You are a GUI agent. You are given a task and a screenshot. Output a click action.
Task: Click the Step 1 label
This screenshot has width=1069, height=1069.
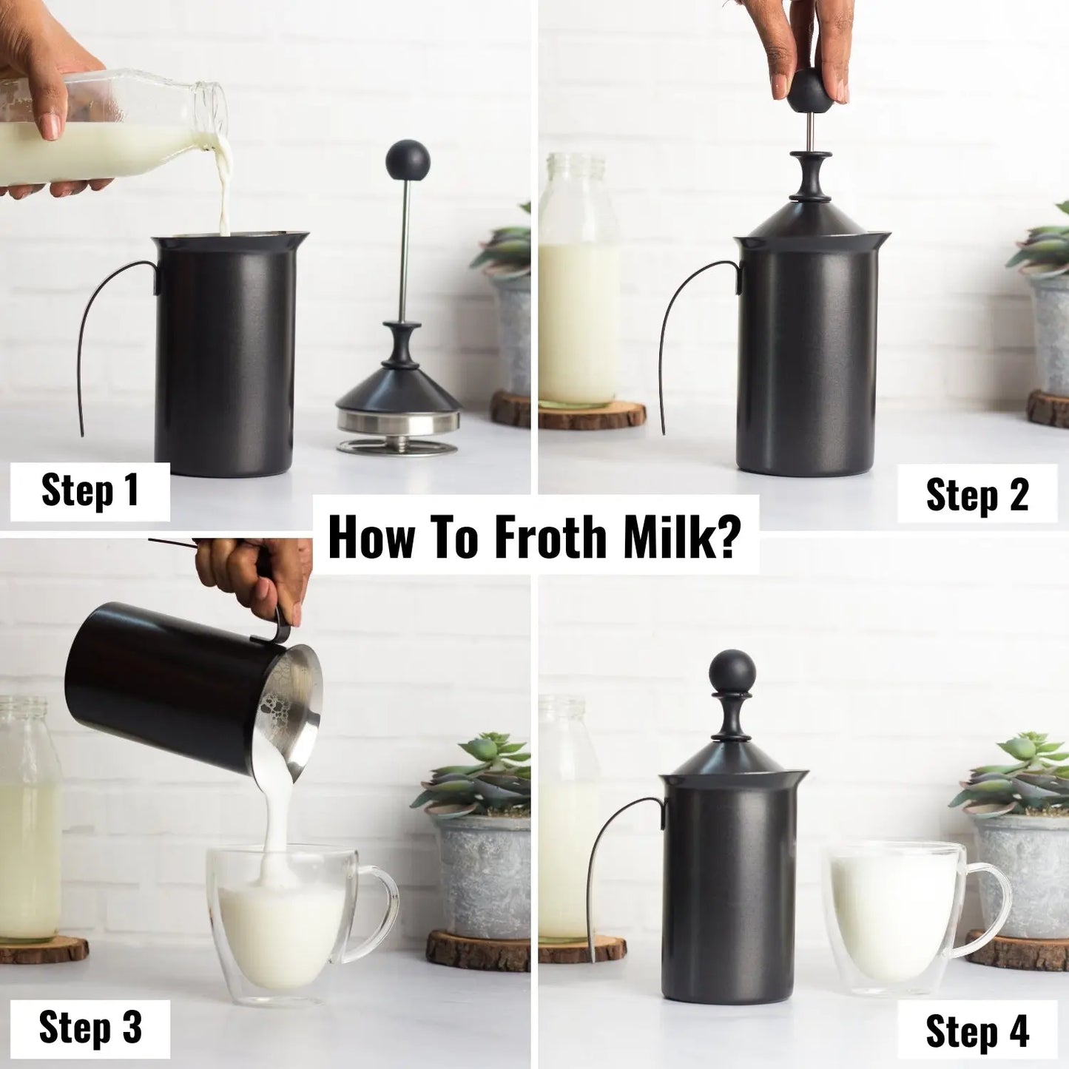coord(90,490)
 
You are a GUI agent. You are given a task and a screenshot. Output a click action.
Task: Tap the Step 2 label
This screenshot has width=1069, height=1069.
coord(977,494)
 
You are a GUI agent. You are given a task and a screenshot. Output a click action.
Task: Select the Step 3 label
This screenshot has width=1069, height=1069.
coord(90,1028)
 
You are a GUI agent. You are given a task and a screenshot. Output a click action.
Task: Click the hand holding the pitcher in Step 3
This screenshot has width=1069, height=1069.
coord(255,573)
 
